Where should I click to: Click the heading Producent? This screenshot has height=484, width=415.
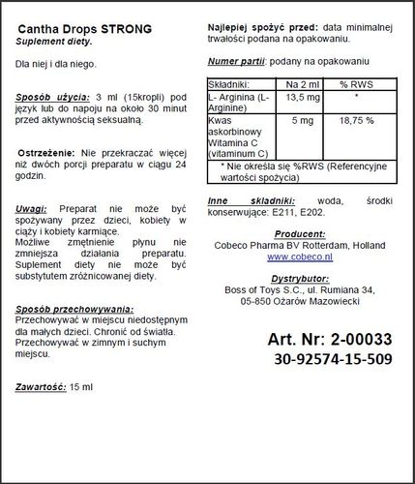point(300,233)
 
